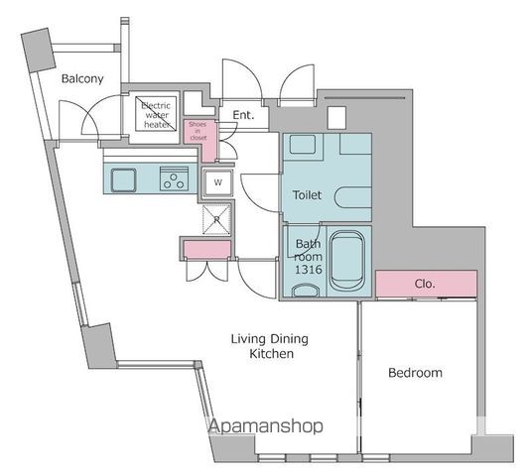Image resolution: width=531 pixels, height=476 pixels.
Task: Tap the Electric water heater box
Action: click(156, 115)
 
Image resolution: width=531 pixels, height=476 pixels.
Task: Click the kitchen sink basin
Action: click(125, 179)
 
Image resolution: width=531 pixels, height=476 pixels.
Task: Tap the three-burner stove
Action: click(175, 179)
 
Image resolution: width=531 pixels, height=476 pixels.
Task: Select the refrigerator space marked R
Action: click(216, 217)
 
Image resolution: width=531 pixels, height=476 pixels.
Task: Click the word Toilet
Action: click(306, 196)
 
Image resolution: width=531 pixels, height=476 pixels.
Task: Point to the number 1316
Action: click(308, 270)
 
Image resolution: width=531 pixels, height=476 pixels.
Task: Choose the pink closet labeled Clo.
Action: click(426, 283)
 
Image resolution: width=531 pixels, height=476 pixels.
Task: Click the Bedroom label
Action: click(414, 373)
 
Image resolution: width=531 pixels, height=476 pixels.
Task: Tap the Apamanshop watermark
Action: click(265, 426)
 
